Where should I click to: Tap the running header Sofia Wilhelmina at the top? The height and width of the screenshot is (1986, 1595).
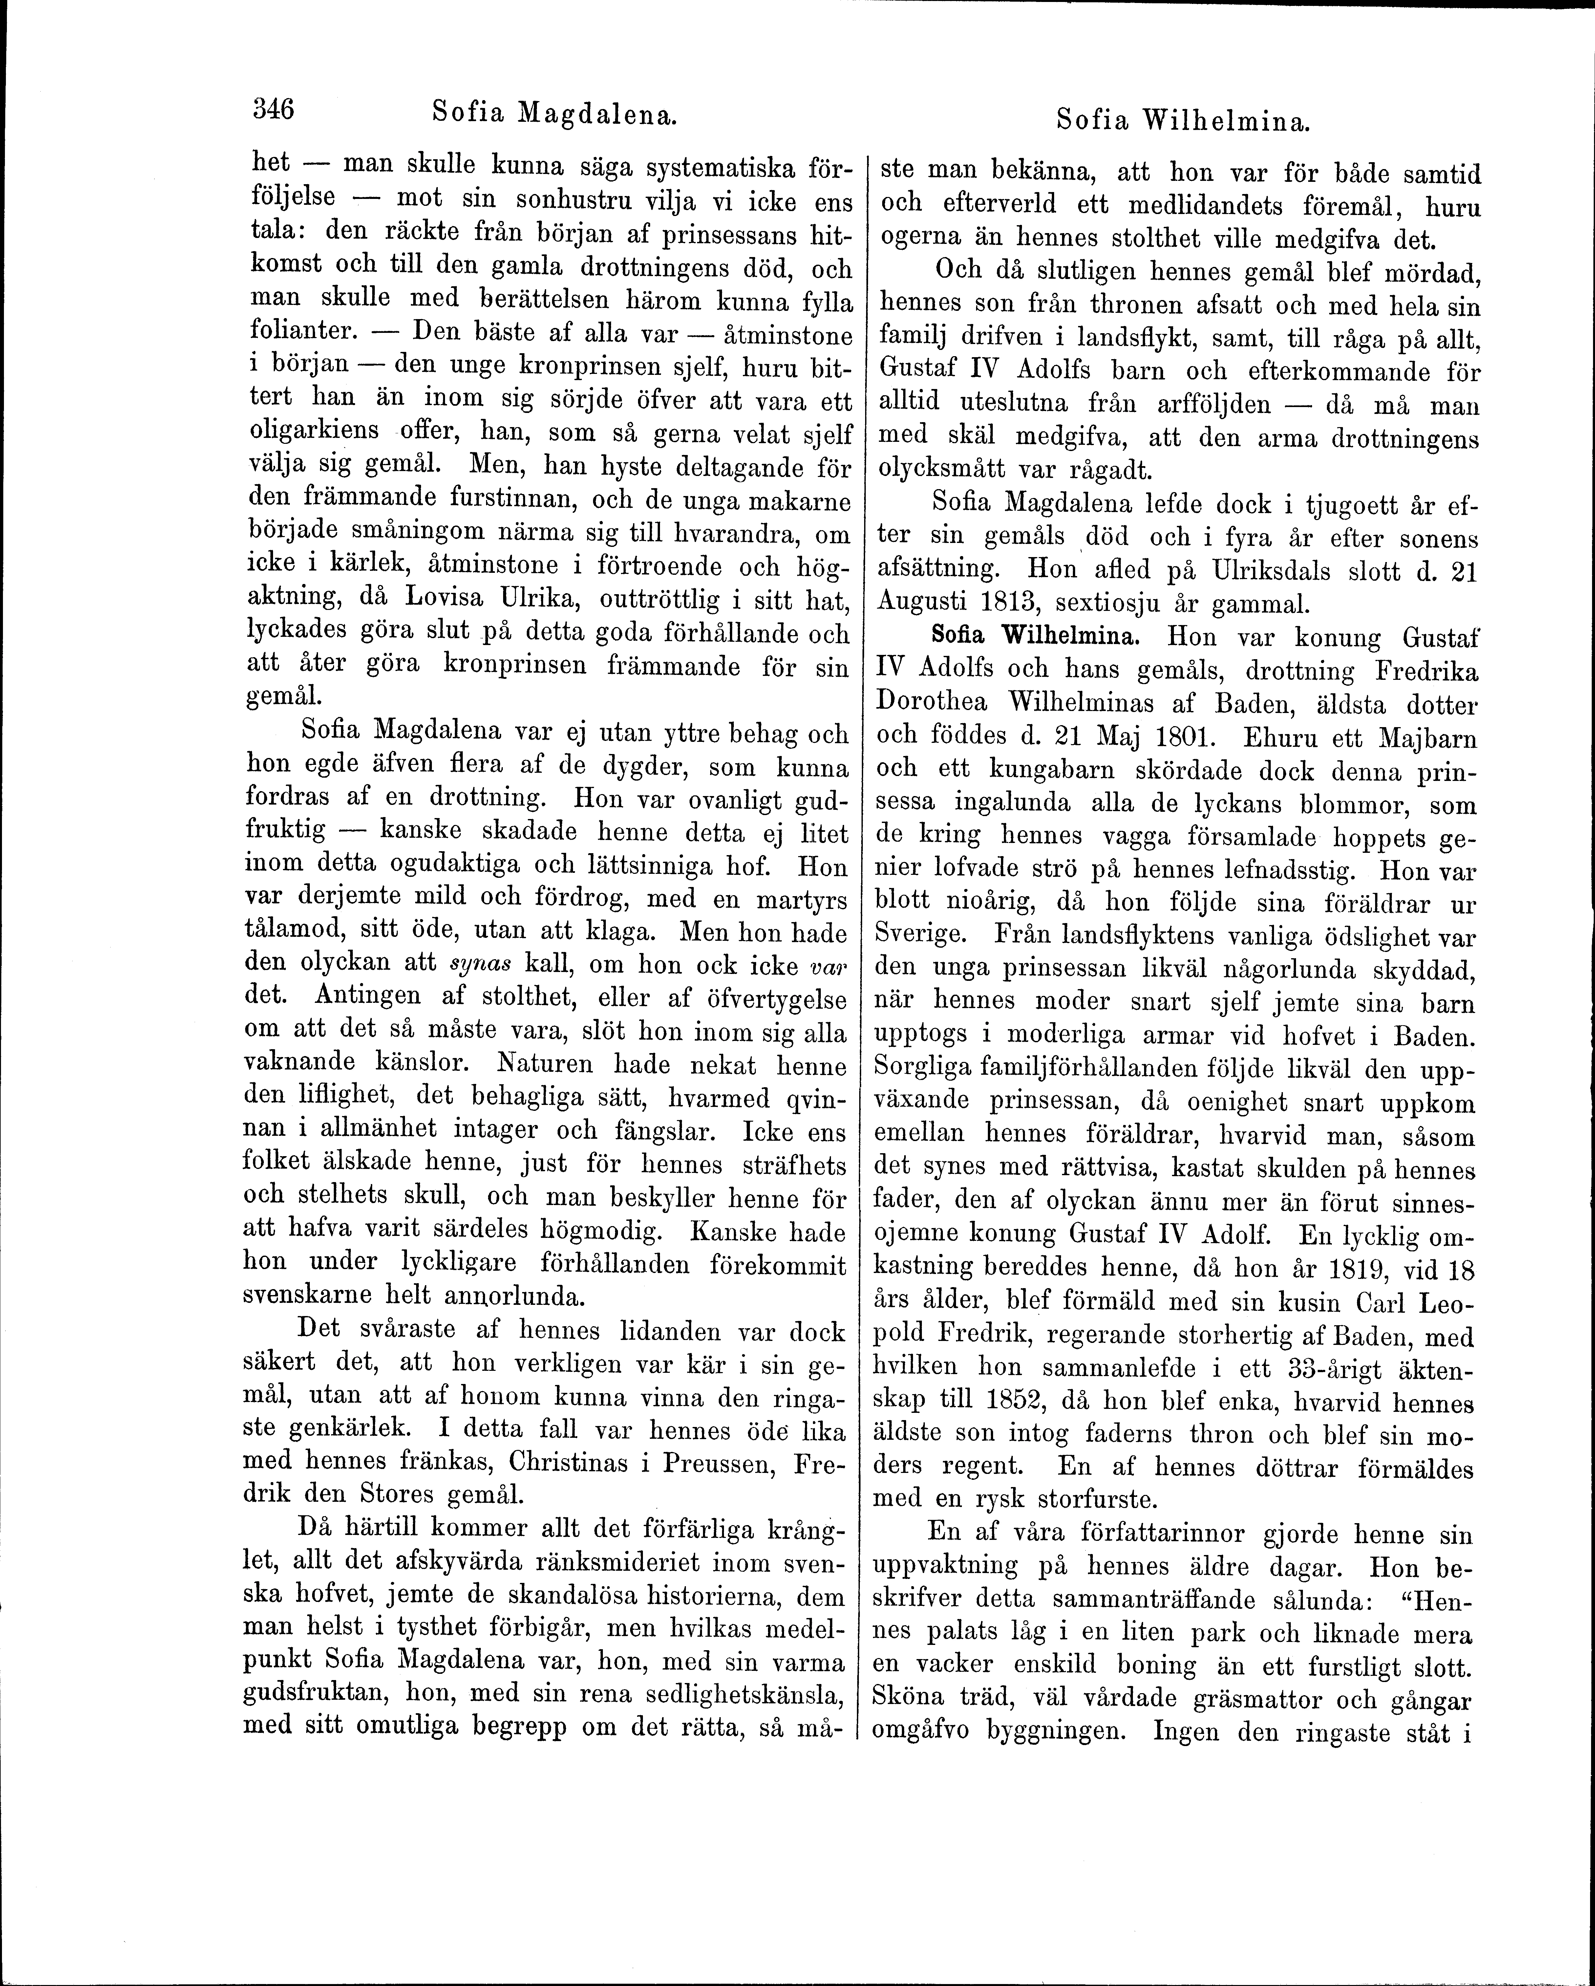coord(1183,120)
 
